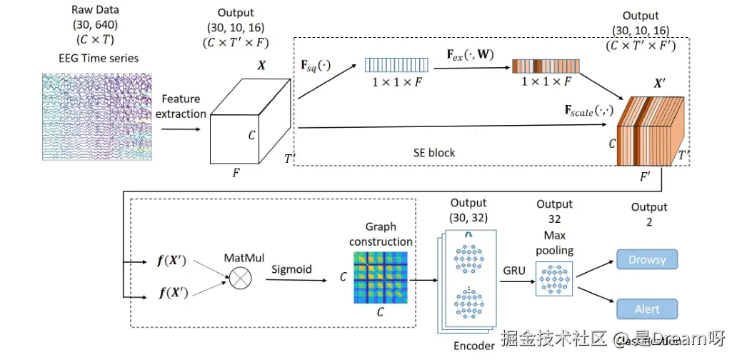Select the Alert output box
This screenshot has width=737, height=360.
pyautogui.click(x=645, y=309)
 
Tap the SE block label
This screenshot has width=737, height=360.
pyautogui.click(x=433, y=153)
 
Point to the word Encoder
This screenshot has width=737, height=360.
pyautogui.click(x=473, y=346)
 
